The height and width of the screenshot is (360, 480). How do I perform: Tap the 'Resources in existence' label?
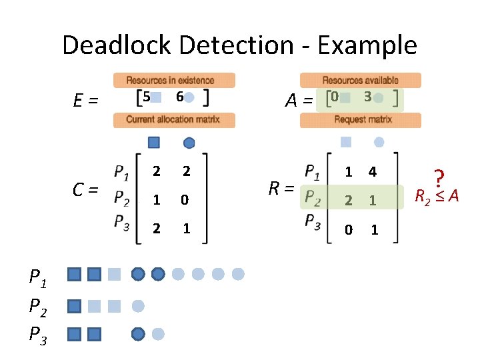(174, 80)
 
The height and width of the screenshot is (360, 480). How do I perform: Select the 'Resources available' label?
(361, 80)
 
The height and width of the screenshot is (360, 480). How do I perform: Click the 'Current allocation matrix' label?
(173, 120)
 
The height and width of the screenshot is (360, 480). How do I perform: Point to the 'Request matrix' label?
(361, 120)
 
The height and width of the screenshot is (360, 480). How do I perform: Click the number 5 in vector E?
(147, 97)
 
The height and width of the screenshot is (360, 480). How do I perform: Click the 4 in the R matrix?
(373, 172)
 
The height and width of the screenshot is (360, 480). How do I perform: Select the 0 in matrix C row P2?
(187, 199)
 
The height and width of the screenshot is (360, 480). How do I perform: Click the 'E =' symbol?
(85, 101)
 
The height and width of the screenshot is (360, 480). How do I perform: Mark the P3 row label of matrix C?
(121, 221)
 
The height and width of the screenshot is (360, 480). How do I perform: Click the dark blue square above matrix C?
(154, 142)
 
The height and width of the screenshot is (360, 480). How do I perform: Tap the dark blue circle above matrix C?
(189, 142)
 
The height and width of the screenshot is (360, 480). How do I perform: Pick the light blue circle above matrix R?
(379, 141)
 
